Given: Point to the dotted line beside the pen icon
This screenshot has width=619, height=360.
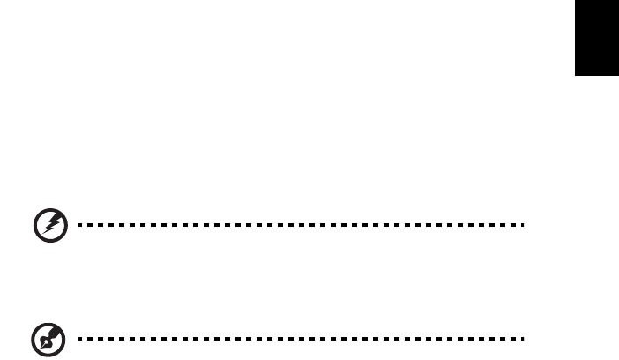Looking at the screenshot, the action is click(300, 337).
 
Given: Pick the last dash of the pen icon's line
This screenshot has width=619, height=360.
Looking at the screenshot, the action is click(522, 337).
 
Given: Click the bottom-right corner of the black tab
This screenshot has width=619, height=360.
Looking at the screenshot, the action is click(618, 78).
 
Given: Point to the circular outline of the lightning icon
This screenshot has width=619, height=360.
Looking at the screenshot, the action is click(33, 226).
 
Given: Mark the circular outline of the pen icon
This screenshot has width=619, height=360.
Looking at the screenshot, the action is click(33, 338).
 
